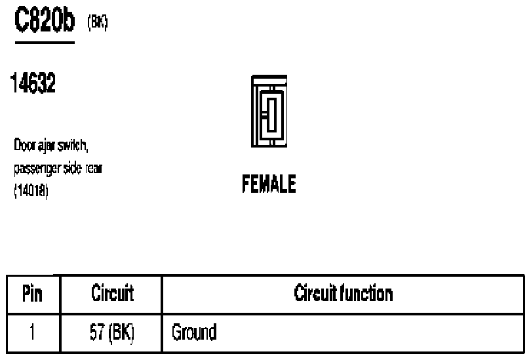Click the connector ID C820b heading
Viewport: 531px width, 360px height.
(x=45, y=20)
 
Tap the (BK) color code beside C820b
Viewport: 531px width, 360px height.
(x=98, y=22)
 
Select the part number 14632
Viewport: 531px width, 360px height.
(x=33, y=83)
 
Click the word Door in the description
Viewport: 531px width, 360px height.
(x=25, y=145)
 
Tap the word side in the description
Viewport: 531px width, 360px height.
(x=73, y=168)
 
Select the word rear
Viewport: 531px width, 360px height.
(x=94, y=169)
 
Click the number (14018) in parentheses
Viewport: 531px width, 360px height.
(x=31, y=191)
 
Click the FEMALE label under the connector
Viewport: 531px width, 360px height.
(x=269, y=184)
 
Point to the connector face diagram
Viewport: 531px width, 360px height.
(x=269, y=111)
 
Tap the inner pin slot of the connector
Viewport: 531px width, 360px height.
(x=271, y=115)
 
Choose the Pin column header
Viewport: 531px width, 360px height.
(x=33, y=293)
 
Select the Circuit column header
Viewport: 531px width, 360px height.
(x=113, y=292)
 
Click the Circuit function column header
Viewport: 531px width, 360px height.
(x=344, y=293)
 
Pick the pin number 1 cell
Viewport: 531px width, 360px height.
(x=33, y=332)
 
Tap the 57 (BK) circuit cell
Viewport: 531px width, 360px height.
(x=111, y=332)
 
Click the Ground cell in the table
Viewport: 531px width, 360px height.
(x=194, y=332)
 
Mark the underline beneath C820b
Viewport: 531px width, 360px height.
(x=45, y=43)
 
